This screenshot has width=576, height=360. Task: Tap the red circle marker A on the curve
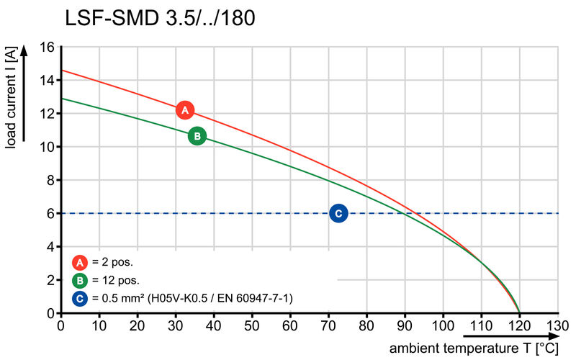185,110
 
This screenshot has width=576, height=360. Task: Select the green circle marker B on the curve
197,135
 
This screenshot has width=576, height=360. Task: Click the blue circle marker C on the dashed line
338,213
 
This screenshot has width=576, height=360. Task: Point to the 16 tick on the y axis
47,47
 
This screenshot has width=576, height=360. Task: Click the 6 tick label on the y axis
50,213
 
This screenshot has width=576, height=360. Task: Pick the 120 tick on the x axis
519,325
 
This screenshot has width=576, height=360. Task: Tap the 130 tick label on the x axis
557,325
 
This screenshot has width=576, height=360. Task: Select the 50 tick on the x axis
252,325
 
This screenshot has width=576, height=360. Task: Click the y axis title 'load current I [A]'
12,97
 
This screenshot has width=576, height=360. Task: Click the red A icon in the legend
80,263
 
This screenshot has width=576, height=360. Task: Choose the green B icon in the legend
80,280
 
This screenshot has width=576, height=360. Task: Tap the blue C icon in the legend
80,297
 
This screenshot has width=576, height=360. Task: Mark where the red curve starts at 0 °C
61,71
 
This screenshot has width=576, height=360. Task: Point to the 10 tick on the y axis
47,147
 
